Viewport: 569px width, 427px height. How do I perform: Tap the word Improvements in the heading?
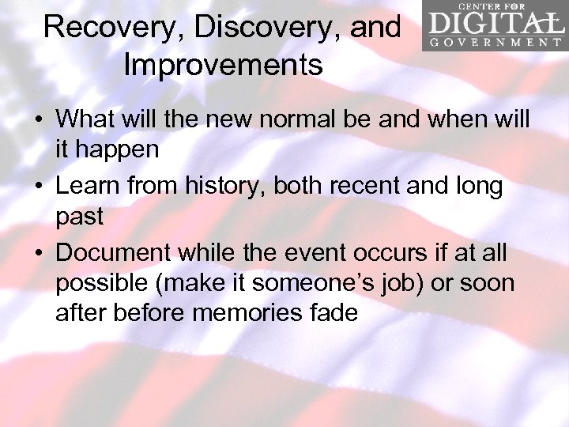(223, 65)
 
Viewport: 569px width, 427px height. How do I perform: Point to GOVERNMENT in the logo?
(494, 42)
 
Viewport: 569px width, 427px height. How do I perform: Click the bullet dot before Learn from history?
(40, 187)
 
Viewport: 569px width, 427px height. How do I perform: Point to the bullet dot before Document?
(40, 255)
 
